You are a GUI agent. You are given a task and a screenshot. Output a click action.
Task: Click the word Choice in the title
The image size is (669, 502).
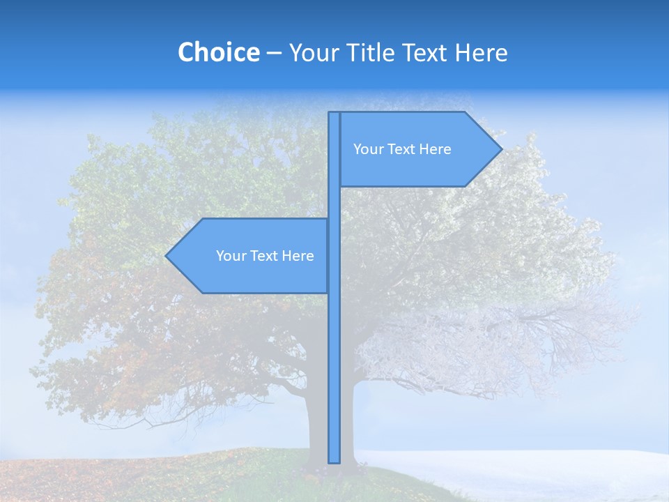coord(218,52)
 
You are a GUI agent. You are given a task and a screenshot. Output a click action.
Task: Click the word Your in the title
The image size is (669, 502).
coord(314,52)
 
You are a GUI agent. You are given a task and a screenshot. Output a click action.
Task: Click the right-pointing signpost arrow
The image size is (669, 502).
coord(418,149)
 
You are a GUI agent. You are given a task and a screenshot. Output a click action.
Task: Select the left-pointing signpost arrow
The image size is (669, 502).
coord(251,256)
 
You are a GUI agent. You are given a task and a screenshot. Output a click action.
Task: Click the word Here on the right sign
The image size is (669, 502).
coord(434,149)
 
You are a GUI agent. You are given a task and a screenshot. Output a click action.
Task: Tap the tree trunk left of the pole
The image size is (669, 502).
coord(317,418)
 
